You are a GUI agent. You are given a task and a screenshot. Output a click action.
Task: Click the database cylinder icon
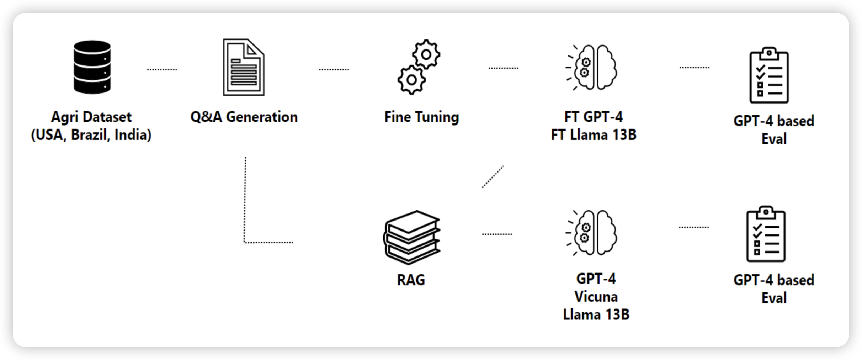[92, 67]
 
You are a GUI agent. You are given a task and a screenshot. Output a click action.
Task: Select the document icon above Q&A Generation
[244, 67]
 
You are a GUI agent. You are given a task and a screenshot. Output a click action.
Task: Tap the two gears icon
[419, 67]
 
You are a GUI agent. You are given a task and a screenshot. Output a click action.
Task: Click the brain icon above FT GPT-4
[592, 67]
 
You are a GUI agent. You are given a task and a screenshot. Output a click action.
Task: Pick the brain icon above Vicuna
[592, 233]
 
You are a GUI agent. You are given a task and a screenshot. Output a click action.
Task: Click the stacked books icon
[412, 237]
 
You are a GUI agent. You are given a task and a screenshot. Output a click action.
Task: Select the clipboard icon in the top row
[769, 75]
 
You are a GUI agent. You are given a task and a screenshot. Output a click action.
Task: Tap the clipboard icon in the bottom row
[766, 234]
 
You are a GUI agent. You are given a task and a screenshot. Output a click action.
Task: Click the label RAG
[411, 280]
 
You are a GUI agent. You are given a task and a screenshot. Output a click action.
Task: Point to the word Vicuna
[596, 297]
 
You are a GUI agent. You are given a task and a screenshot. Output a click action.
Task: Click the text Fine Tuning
[421, 117]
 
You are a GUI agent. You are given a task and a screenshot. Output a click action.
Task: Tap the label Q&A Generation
[244, 117]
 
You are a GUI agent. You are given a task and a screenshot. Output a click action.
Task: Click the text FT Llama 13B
[594, 135]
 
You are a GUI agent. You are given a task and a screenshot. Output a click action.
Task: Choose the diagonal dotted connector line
[493, 177]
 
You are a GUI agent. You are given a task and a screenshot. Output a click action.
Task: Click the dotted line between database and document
[162, 70]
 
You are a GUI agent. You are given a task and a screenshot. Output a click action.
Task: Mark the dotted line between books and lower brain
[497, 234]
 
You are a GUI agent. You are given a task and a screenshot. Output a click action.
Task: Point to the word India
[133, 135]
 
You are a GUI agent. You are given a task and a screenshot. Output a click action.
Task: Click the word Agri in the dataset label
[64, 117]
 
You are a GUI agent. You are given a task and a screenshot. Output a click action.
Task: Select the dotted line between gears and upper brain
[504, 68]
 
